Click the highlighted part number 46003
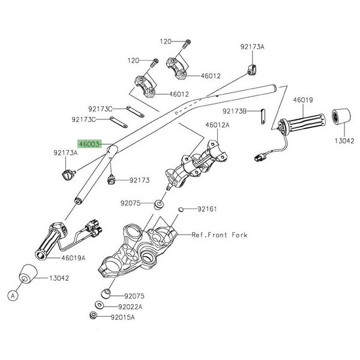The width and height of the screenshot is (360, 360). click(88, 145)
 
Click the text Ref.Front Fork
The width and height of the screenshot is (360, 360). click(219, 235)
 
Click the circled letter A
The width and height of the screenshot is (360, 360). click(11, 294)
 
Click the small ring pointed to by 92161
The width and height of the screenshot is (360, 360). click(181, 209)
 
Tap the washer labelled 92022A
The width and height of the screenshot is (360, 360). click(98, 306)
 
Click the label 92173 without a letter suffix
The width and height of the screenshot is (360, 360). click(139, 180)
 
